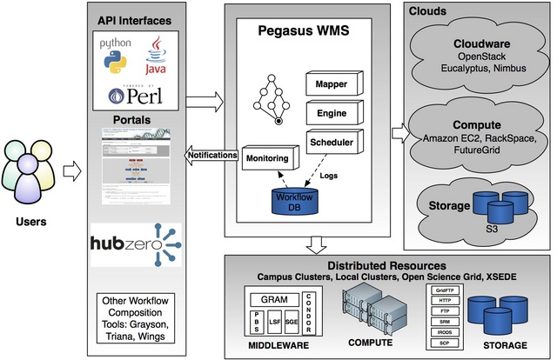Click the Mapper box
[330, 83]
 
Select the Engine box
[330, 113]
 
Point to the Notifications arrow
[211, 156]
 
